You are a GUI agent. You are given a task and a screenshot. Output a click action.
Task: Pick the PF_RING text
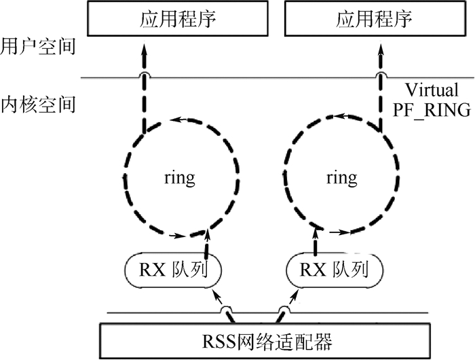point(432,110)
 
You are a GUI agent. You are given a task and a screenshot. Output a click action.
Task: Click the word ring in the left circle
point(179,178)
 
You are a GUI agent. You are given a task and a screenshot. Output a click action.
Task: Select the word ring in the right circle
point(341,178)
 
